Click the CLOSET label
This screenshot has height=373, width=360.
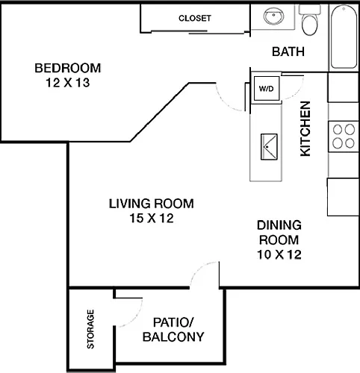pyautogui.click(x=195, y=18)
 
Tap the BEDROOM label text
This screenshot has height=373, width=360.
pyautogui.click(x=68, y=68)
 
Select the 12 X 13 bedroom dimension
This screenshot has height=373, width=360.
pyautogui.click(x=68, y=83)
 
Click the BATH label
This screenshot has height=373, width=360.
pyautogui.click(x=288, y=51)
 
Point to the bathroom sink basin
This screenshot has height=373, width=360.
pyautogui.click(x=273, y=16)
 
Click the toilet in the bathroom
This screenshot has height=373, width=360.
pyautogui.click(x=310, y=19)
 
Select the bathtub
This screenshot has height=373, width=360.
pyautogui.click(x=344, y=37)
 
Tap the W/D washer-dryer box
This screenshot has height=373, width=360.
pyautogui.click(x=267, y=88)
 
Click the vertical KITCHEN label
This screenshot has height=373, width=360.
pyautogui.click(x=305, y=129)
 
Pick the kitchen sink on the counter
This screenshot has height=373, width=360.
pyautogui.click(x=269, y=147)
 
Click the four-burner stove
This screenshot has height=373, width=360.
pyautogui.click(x=344, y=137)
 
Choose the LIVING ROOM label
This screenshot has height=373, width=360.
pyautogui.click(x=152, y=204)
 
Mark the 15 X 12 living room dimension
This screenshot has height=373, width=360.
pyautogui.click(x=152, y=218)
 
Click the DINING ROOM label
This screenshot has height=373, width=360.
pyautogui.click(x=279, y=232)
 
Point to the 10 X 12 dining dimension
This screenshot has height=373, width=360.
pyautogui.click(x=279, y=254)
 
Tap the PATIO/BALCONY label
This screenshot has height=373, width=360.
pyautogui.click(x=173, y=330)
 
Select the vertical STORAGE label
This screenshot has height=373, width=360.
pyautogui.click(x=90, y=329)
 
